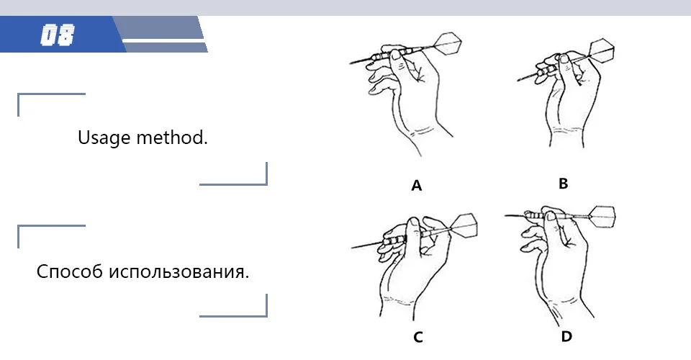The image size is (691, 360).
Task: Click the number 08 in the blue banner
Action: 58,35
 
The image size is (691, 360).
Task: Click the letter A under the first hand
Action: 416,186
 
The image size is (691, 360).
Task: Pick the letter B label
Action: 564,184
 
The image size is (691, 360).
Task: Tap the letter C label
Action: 417,336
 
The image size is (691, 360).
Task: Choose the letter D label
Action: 566,336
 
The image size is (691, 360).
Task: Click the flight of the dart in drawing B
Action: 603,50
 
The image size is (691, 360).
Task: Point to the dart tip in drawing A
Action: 353,63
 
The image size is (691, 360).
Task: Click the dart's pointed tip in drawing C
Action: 354,248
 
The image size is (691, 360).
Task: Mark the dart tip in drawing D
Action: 508,214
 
